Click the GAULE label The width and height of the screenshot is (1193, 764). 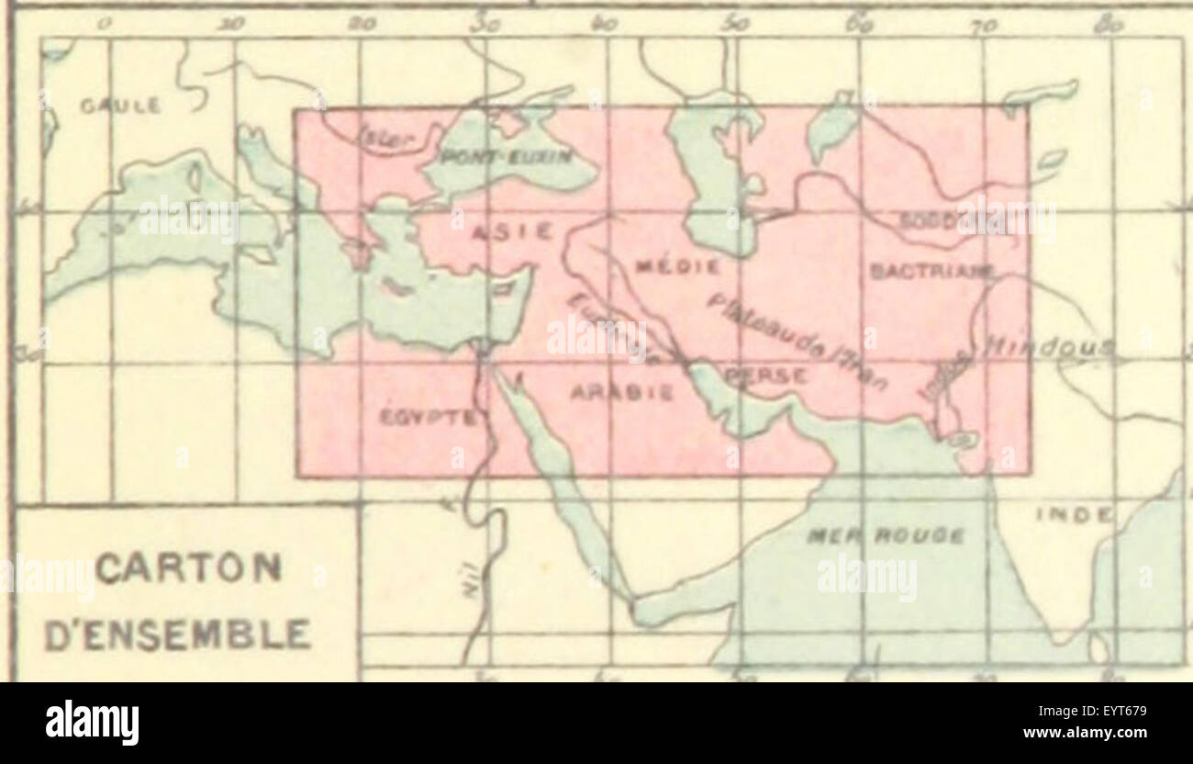120,106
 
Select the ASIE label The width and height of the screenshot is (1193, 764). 511,233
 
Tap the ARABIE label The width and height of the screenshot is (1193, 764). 622,393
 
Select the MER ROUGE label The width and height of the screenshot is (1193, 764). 885,535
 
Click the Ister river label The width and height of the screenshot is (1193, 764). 387,139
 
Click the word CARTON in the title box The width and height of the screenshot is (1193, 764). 187,568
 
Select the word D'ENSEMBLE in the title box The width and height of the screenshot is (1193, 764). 177,635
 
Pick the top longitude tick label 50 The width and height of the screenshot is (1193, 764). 734,24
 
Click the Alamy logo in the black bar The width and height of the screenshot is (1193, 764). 92,723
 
